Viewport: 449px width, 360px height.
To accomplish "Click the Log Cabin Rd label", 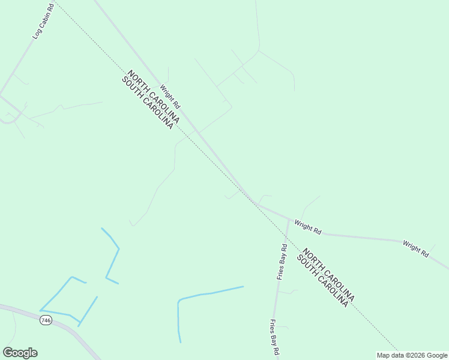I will (43, 22).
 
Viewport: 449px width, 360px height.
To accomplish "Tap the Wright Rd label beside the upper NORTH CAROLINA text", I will (170, 95).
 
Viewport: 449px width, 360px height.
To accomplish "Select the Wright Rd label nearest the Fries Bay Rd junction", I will (308, 227).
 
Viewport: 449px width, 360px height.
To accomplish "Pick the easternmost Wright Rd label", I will (415, 249).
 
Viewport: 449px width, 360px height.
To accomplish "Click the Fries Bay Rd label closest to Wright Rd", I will (282, 262).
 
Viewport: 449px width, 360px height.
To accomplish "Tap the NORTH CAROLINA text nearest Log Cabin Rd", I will (154, 97).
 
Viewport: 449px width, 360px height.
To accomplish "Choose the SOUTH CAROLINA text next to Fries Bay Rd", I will (322, 281).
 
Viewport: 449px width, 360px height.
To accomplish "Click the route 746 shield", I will (46, 320).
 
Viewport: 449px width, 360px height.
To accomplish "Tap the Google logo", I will (20, 353).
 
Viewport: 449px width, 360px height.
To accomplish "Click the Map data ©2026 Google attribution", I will (412, 355).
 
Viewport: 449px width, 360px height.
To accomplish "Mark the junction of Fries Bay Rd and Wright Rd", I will (289, 220).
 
